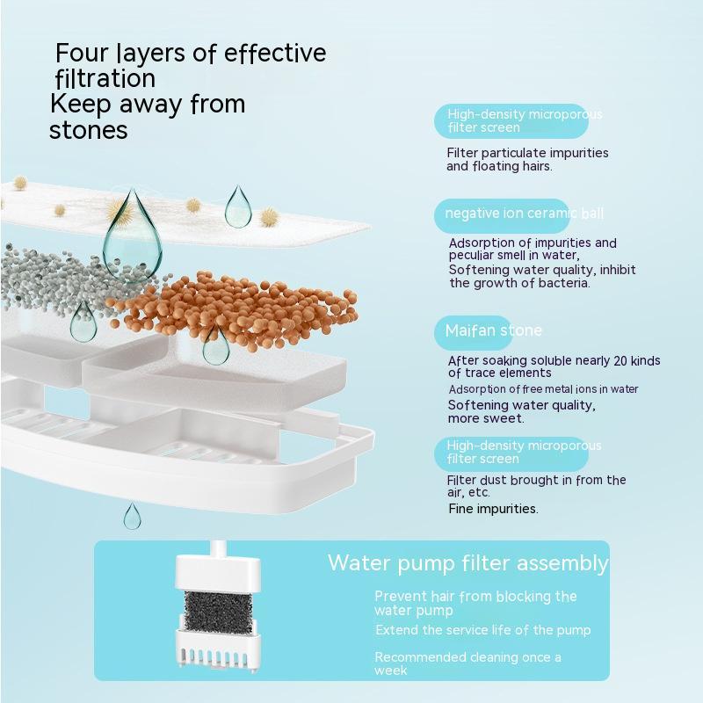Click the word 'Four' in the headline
(82, 53)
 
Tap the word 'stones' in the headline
(89, 130)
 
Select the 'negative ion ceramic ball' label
(524, 213)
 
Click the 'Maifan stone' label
(493, 331)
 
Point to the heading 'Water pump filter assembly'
(468, 563)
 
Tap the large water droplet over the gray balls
(133, 236)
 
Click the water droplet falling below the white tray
(133, 516)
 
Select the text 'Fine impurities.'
(493, 509)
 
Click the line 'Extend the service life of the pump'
(482, 630)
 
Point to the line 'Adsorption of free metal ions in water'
(543, 389)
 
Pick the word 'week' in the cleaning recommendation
(390, 670)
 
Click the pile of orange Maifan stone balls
(234, 308)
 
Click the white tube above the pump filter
(218, 548)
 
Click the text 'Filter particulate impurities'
(527, 153)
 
